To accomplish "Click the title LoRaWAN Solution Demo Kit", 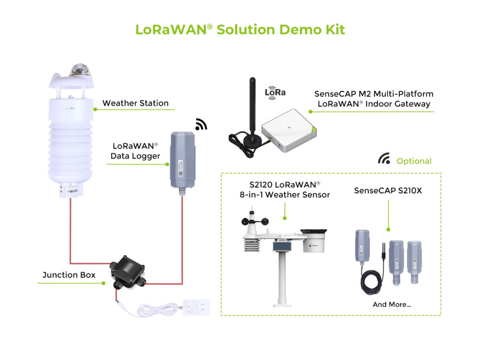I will pos(240,29).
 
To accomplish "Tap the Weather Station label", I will pos(135,103).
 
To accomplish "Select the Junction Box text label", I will pos(69,275).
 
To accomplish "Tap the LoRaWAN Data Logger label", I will pos(135,151).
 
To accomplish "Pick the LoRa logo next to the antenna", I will pos(275,92).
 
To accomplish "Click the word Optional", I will pos(414,161).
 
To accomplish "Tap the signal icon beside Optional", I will pos(384,159).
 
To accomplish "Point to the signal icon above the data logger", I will pos(201,124).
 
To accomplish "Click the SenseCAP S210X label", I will pos(388,190).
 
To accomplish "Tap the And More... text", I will pos(391,305).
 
